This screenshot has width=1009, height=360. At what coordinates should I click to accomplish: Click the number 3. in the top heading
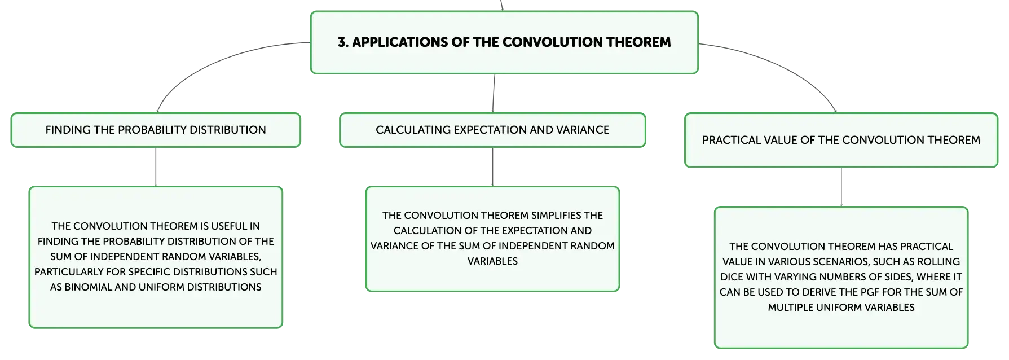343,42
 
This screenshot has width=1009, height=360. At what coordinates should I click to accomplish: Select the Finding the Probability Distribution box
156,130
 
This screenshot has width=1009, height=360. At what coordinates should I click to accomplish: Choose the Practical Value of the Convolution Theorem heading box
841,140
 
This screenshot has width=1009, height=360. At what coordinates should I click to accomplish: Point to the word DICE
732,277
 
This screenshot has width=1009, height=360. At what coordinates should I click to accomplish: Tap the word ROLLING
938,262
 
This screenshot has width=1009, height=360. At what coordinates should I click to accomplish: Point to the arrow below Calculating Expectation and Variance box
493,167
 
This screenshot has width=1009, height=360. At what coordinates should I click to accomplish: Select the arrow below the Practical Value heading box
841,187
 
